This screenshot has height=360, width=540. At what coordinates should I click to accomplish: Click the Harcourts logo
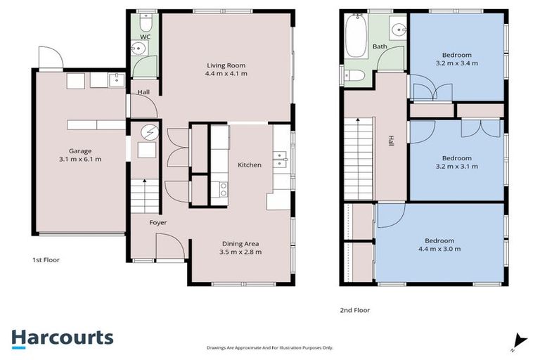[62, 337]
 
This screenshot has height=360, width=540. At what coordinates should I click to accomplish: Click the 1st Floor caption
[46, 259]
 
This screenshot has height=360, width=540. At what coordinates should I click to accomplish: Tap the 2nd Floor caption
[354, 309]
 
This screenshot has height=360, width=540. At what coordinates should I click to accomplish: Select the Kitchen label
[250, 165]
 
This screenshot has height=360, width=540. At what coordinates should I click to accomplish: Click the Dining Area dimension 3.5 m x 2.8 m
[240, 252]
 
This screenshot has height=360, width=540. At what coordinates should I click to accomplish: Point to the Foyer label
[157, 222]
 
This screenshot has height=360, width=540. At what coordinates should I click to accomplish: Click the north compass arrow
[519, 340]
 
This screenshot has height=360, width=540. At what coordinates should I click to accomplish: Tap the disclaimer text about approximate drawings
[269, 347]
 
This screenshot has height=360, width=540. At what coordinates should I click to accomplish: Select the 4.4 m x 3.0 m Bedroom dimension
[440, 249]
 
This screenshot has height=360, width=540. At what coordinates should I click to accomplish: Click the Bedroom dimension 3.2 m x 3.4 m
[457, 63]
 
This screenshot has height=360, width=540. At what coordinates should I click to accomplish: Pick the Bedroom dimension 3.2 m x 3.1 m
[457, 167]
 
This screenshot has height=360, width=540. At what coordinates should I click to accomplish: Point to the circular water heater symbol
[148, 131]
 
